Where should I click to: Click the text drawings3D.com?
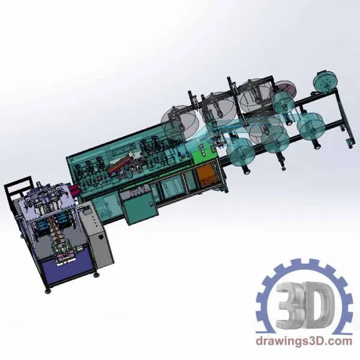(304, 341)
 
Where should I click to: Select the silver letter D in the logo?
(319, 305)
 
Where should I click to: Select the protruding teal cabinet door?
(140, 208)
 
